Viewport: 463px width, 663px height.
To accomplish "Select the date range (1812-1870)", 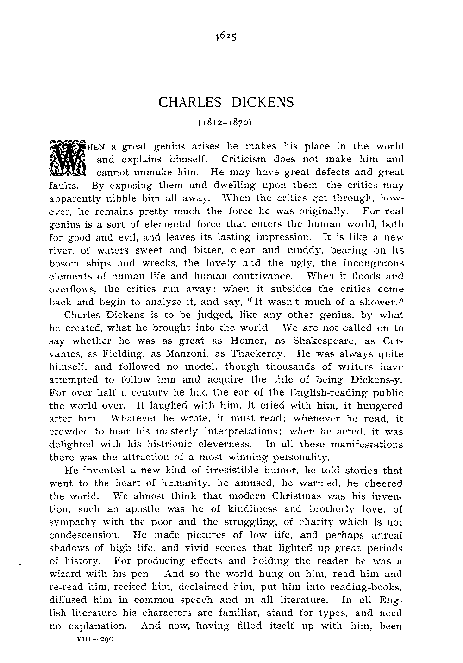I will (225, 124).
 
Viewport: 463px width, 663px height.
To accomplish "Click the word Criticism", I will (244, 160).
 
